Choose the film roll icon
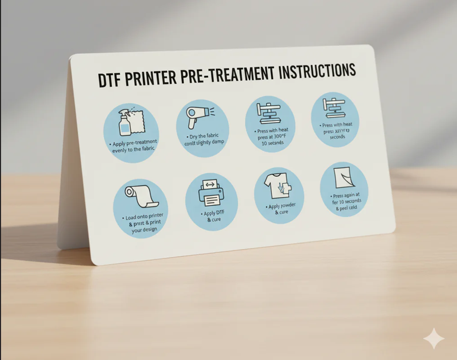140,197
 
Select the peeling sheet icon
342,178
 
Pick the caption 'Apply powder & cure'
280,209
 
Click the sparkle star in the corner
434,338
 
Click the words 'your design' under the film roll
144,229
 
